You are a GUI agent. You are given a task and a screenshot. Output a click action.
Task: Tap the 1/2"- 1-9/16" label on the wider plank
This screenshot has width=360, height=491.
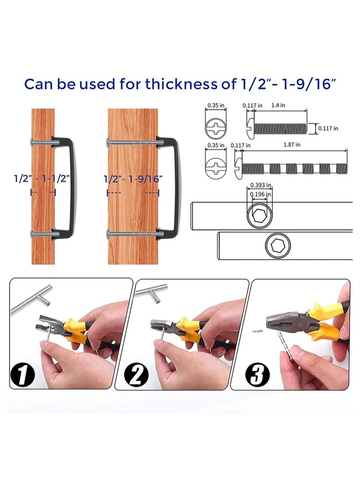[133, 178]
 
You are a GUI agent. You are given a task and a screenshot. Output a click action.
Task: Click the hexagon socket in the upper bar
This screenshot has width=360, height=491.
[259, 216]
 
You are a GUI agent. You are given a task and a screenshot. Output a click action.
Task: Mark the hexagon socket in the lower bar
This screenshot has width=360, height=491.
[278, 246]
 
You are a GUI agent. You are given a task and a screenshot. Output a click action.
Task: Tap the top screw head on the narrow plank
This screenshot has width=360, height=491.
[31, 143]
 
